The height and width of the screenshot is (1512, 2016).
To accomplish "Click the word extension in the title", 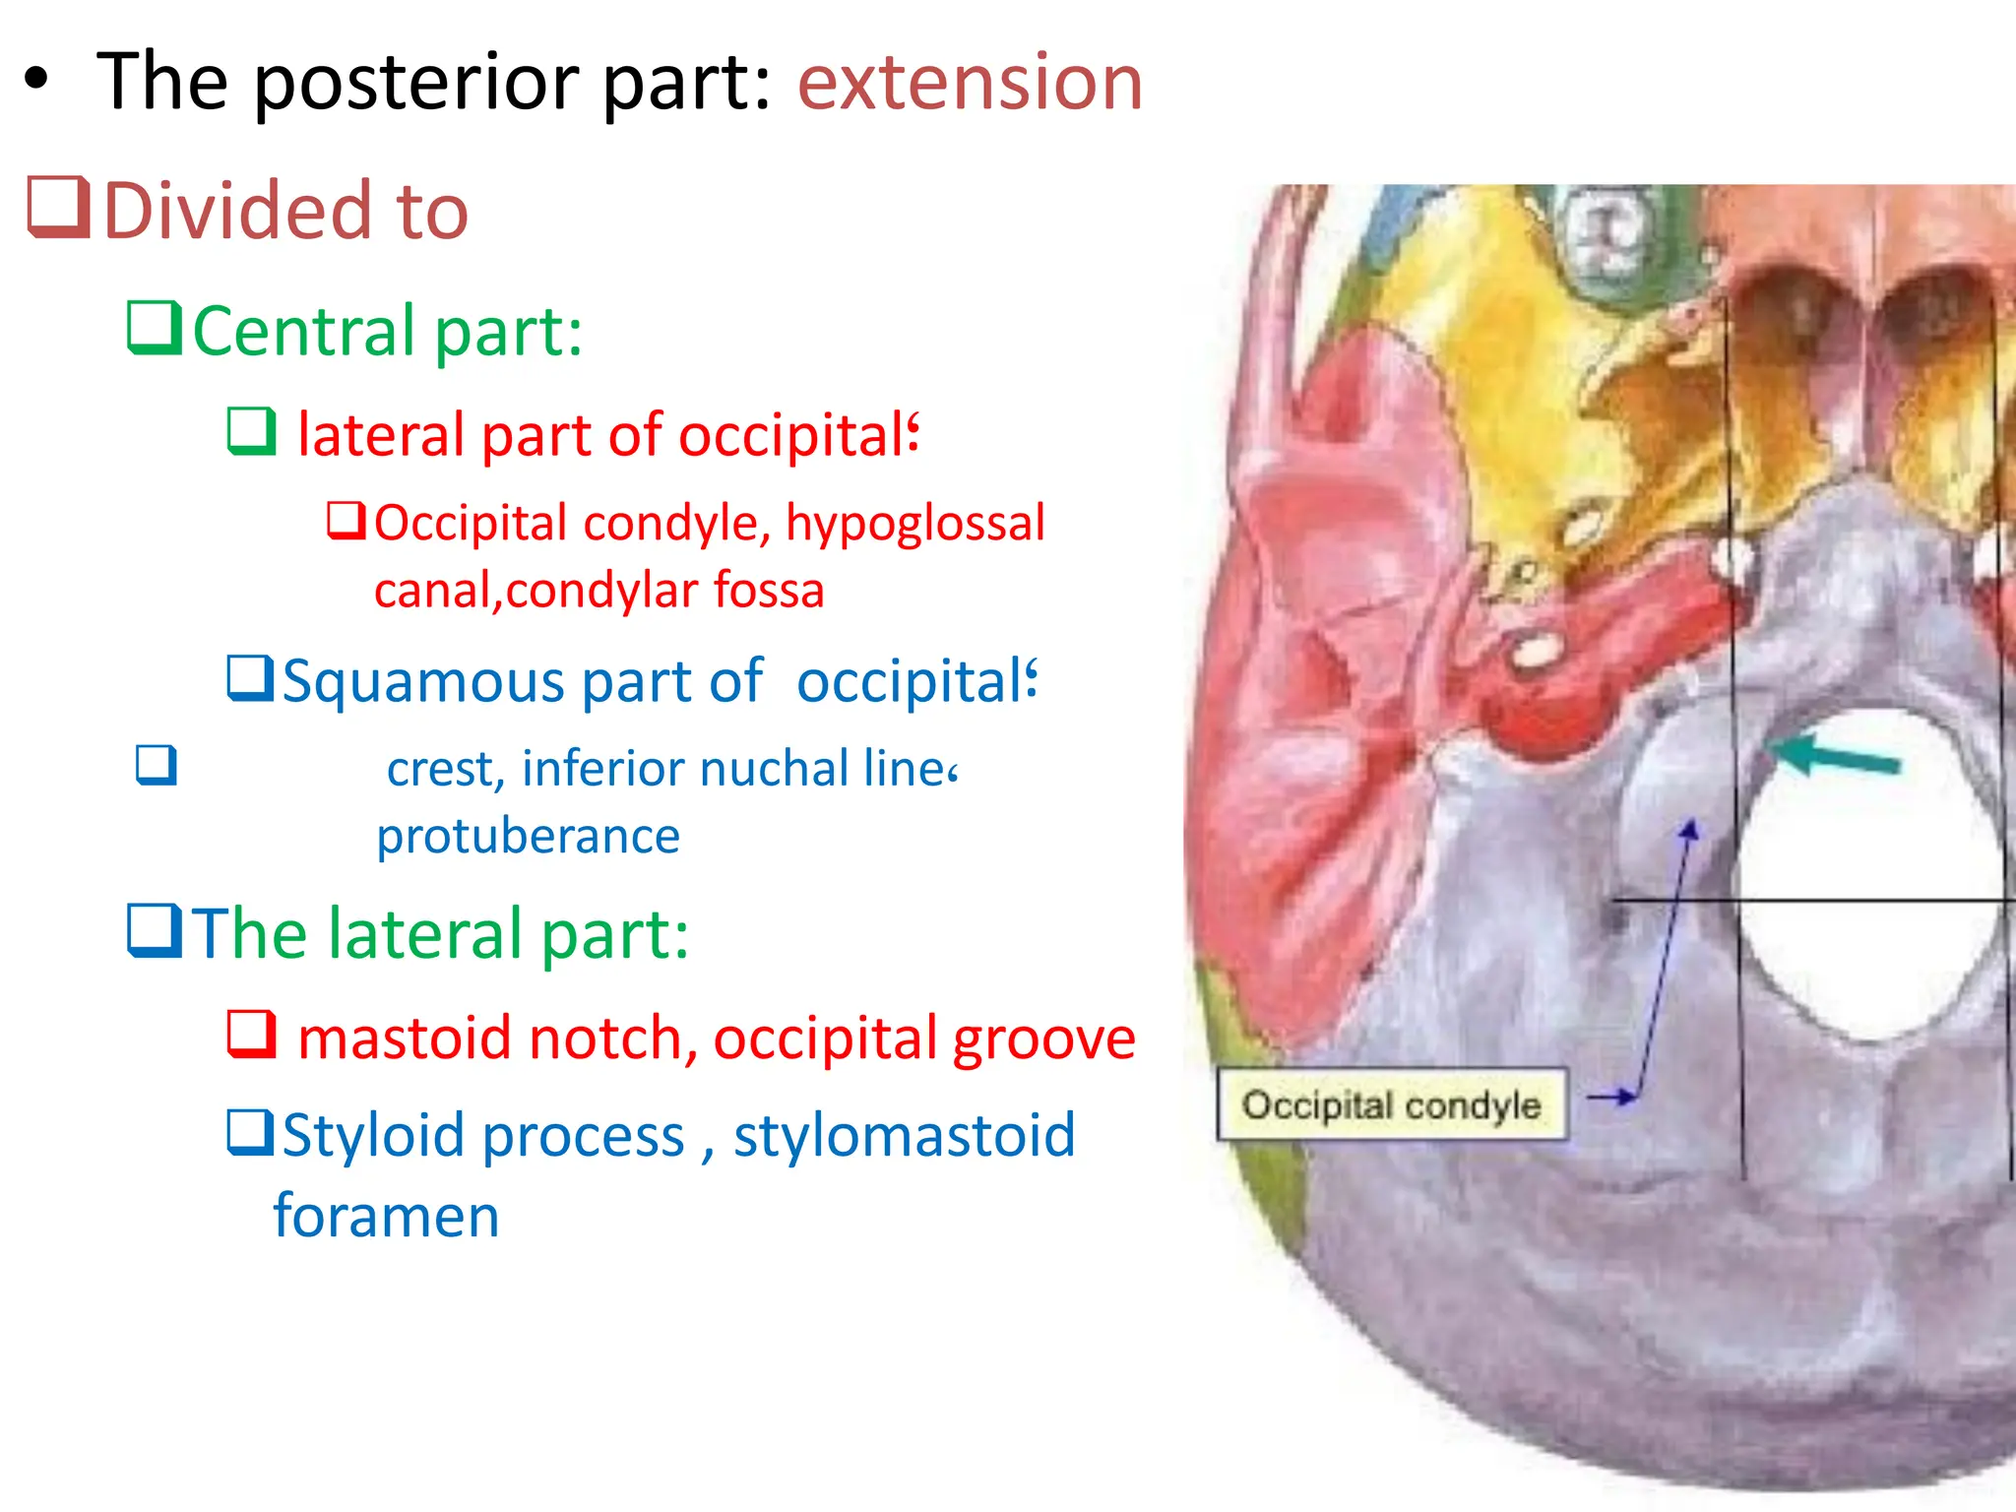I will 969,83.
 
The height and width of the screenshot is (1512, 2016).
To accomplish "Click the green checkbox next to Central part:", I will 155,328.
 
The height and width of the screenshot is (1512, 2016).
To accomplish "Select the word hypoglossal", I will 914,524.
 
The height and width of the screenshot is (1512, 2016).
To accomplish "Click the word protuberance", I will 528,837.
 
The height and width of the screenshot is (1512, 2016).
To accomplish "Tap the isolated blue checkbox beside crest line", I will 157,765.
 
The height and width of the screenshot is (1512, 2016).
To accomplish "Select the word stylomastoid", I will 904,1135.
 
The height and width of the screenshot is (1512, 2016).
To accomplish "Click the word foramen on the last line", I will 386,1216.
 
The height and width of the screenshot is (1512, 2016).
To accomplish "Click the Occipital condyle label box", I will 1391,1104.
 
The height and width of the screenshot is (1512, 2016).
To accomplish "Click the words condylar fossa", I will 664,591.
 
